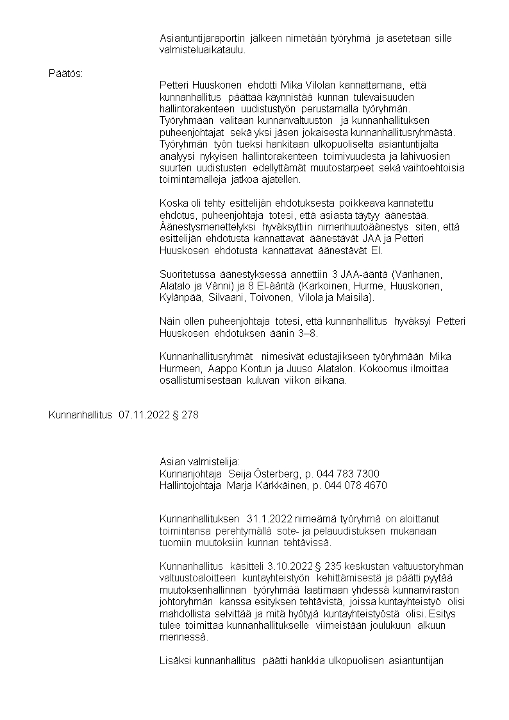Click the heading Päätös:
pyautogui.click(x=65, y=73)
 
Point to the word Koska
pyautogui.click(x=172, y=202)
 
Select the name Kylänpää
pyautogui.click(x=181, y=298)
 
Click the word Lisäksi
pyautogui.click(x=175, y=660)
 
